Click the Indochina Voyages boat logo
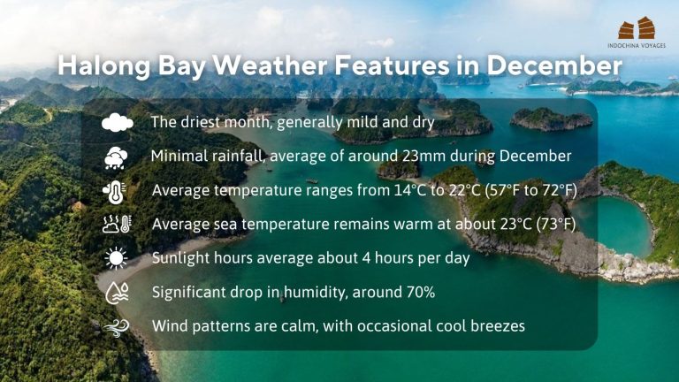coord(637,28)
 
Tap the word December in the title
coord(553,65)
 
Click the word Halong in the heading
coord(104,66)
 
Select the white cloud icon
coord(118,122)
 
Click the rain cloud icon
coord(116,157)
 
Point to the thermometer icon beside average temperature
coord(115,191)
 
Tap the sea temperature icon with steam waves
coord(117,225)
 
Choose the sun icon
coord(116,258)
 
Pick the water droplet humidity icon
coord(117,293)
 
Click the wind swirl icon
coord(117,327)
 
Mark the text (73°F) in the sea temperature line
coord(556,225)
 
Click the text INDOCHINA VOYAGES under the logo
coord(637,45)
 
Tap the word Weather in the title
coord(270,65)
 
